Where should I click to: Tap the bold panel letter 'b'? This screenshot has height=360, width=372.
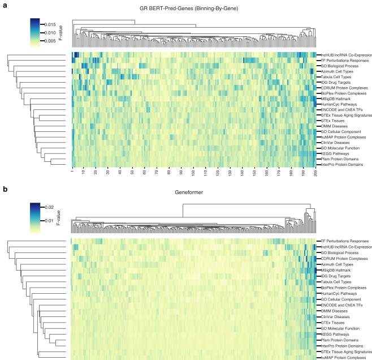pyautogui.click(x=5, y=188)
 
